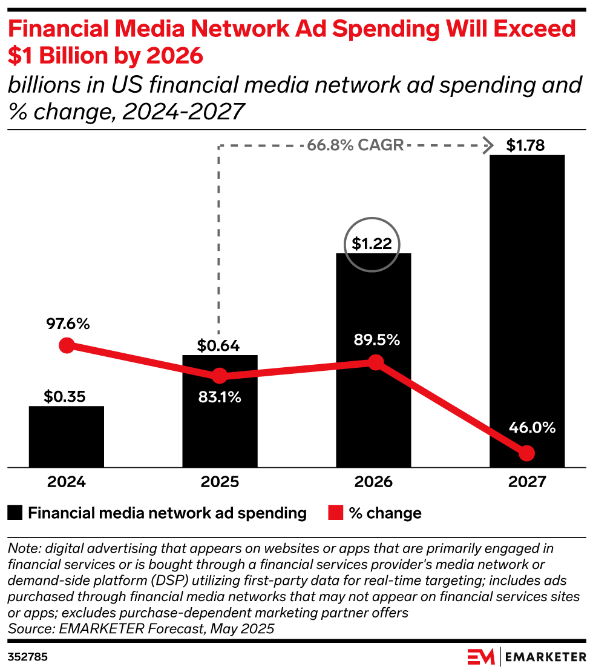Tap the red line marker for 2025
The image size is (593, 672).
click(x=220, y=376)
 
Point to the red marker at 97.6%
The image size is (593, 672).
click(x=67, y=345)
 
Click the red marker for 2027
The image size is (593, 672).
click(x=526, y=453)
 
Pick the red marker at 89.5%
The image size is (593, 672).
click(x=376, y=362)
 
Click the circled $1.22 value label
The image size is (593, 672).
click(x=372, y=244)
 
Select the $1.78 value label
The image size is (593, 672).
click(x=526, y=145)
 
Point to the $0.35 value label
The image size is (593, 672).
click(x=65, y=397)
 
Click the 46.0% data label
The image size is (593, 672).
click(x=531, y=428)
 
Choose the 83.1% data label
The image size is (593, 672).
click(x=220, y=398)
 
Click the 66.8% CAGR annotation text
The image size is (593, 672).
click(x=355, y=146)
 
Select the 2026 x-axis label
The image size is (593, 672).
click(x=373, y=482)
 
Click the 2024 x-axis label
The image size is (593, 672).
click(x=66, y=482)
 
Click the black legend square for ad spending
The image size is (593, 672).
click(x=15, y=513)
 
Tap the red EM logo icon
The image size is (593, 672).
click(x=480, y=656)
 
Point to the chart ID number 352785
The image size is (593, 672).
click(x=28, y=657)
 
